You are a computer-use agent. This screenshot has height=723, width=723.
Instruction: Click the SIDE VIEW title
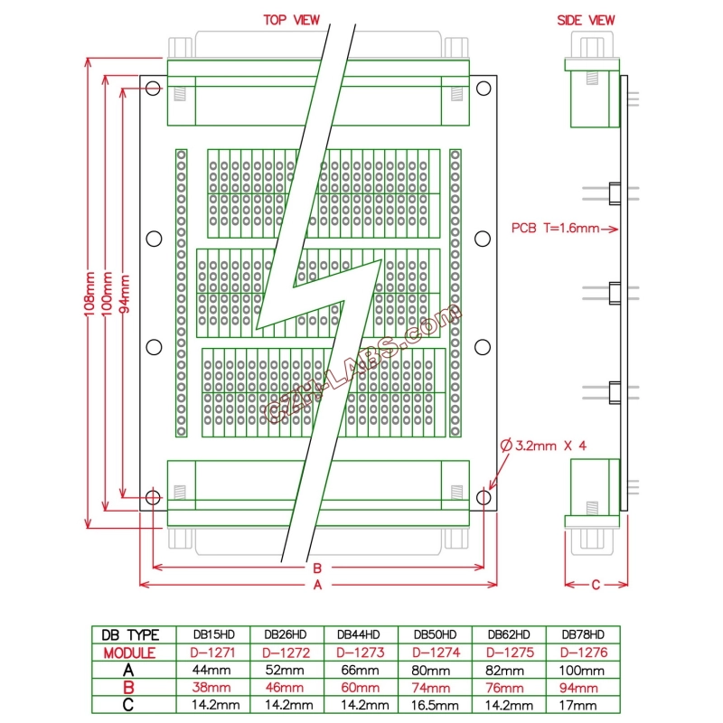coord(586,19)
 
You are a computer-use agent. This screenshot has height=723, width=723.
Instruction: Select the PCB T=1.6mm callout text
coord(555,228)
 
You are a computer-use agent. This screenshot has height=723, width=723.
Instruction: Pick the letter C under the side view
coord(596,585)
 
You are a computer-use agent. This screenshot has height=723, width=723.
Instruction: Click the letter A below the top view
coord(317,586)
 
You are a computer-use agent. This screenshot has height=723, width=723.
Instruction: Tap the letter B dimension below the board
coord(317,568)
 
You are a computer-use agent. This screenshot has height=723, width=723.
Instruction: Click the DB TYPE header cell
coord(129,635)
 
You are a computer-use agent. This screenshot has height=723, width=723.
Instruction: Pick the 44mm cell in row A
coord(210,671)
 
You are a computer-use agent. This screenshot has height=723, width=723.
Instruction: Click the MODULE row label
coord(129,653)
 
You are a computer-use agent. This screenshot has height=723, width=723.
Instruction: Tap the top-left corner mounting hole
coord(153,88)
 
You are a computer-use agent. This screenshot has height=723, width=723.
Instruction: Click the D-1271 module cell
coord(210,653)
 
